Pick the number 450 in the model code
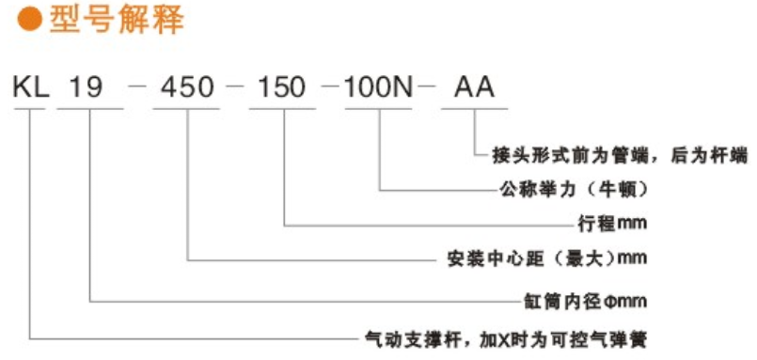(188, 90)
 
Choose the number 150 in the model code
(282, 90)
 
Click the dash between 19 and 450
(137, 91)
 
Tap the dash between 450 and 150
(235, 91)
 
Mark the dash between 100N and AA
(429, 91)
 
